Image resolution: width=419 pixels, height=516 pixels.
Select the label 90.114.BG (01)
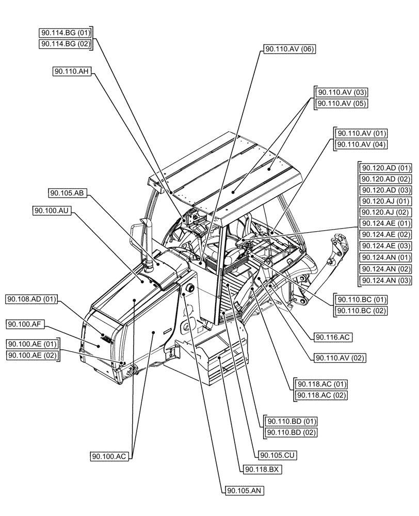[66, 33]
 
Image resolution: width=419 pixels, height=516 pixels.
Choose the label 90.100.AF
[26, 324]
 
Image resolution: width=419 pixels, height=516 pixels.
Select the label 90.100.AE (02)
[32, 354]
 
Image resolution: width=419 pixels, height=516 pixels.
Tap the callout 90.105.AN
[245, 492]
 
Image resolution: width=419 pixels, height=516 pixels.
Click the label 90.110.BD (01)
[290, 421]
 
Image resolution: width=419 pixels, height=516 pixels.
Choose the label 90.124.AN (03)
[385, 280]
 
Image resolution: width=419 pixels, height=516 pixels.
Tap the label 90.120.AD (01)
[385, 168]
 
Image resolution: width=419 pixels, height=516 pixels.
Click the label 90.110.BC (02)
[361, 311]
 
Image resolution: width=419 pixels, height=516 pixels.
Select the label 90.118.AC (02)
[320, 395]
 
